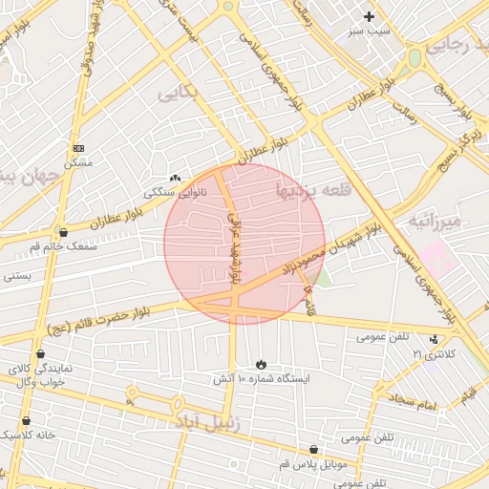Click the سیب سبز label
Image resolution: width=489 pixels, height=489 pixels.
[x=369, y=32]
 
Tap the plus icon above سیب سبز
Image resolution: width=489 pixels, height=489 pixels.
[x=369, y=15]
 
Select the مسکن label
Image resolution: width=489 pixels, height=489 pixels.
[x=78, y=163]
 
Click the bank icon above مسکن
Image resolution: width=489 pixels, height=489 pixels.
[x=78, y=148]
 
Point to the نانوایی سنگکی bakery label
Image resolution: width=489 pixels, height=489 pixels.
[x=175, y=192]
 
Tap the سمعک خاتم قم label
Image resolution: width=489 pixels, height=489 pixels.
[x=63, y=246]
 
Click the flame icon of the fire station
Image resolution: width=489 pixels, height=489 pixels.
[x=261, y=364]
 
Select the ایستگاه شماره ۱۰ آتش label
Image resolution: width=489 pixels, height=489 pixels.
[x=261, y=379]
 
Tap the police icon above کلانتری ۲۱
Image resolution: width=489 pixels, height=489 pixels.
[x=435, y=339]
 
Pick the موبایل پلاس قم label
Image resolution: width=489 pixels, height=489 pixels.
[x=313, y=464]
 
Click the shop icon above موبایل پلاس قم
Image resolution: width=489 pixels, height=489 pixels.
[x=313, y=449]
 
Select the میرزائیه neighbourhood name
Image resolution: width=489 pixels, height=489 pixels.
[x=436, y=221]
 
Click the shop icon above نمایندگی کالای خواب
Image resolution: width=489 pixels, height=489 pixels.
[x=39, y=353]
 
